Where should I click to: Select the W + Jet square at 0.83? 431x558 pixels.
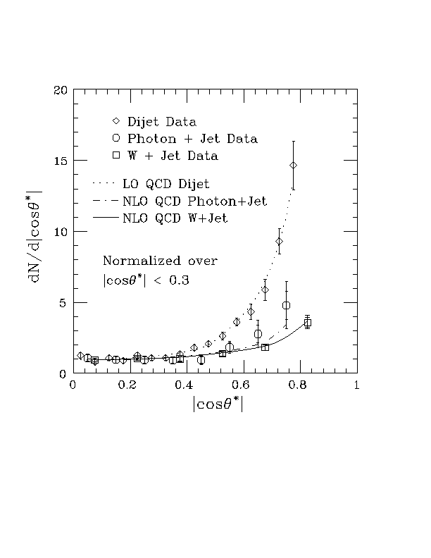[308, 322]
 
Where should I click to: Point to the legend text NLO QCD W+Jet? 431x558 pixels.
[165, 219]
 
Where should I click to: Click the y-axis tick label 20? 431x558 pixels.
[61, 90]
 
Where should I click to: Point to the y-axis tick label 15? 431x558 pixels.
[61, 161]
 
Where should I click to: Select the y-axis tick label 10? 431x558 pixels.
[61, 232]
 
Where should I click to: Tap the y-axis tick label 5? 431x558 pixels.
[64, 303]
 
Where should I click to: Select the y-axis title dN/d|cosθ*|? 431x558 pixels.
[34, 233]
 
